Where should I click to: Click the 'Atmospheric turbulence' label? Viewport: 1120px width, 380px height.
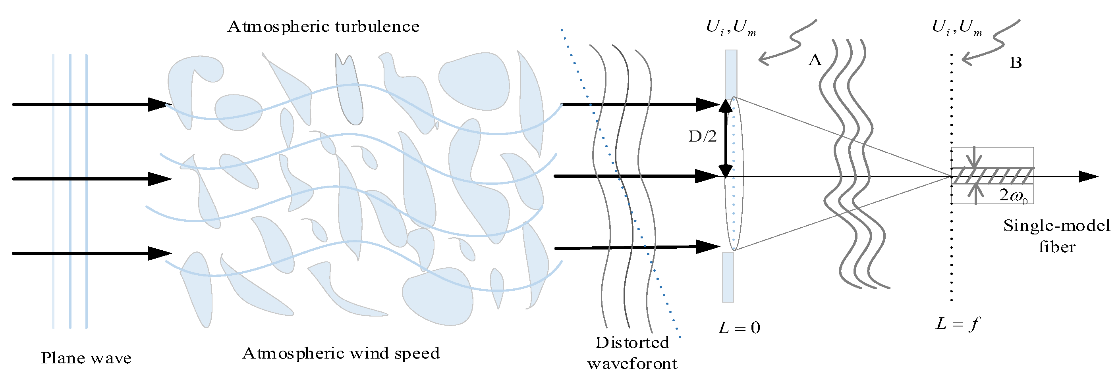[323, 27]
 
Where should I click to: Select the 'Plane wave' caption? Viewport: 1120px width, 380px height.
[86, 358]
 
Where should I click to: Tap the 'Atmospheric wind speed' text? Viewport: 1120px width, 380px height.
[340, 353]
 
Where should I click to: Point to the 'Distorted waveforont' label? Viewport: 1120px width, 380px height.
[632, 353]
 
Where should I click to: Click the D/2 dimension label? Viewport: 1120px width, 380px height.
[702, 137]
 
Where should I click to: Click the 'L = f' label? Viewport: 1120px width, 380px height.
[958, 324]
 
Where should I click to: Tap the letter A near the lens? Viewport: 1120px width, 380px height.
[815, 60]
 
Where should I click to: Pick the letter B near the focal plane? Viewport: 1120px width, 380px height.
[1016, 63]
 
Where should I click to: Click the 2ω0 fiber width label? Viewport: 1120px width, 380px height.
[1013, 196]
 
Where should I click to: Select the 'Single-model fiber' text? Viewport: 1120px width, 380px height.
[1056, 236]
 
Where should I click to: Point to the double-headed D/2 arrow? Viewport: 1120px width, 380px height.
[725, 138]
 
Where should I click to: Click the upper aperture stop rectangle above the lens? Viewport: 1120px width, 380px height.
[731, 74]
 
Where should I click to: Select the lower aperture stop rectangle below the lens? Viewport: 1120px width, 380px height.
[728, 277]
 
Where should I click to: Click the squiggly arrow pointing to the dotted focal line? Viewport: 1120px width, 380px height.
[991, 43]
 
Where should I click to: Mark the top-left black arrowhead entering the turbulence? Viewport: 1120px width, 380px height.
[159, 105]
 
